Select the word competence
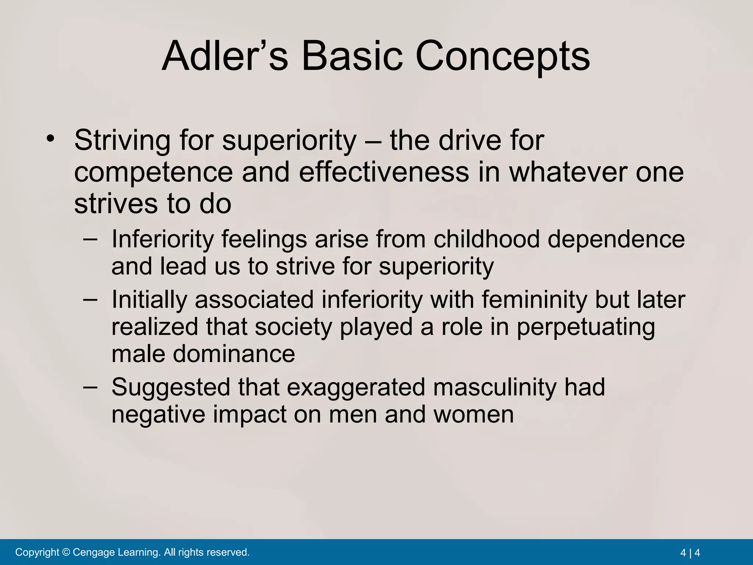tap(154, 172)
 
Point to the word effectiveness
tap(384, 172)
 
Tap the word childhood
tap(486, 239)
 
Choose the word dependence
tap(616, 239)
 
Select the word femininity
tap(535, 299)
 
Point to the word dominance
tap(234, 354)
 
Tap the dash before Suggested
tap(90, 387)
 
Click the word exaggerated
tap(356, 388)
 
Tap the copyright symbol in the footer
tap(66, 552)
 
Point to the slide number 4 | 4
tap(690, 552)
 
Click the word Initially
tap(149, 300)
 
